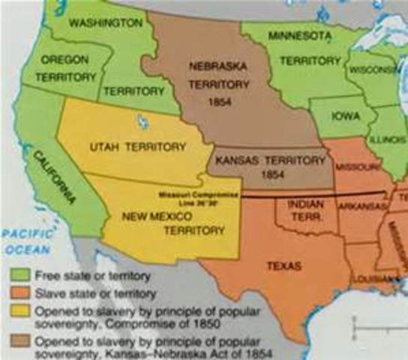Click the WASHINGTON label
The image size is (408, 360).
pyautogui.click(x=105, y=23)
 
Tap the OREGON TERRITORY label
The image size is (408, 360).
pyautogui.click(x=68, y=67)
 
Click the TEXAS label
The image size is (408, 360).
pyautogui.click(x=283, y=265)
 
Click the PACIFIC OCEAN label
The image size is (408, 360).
pyautogui.click(x=26, y=241)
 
